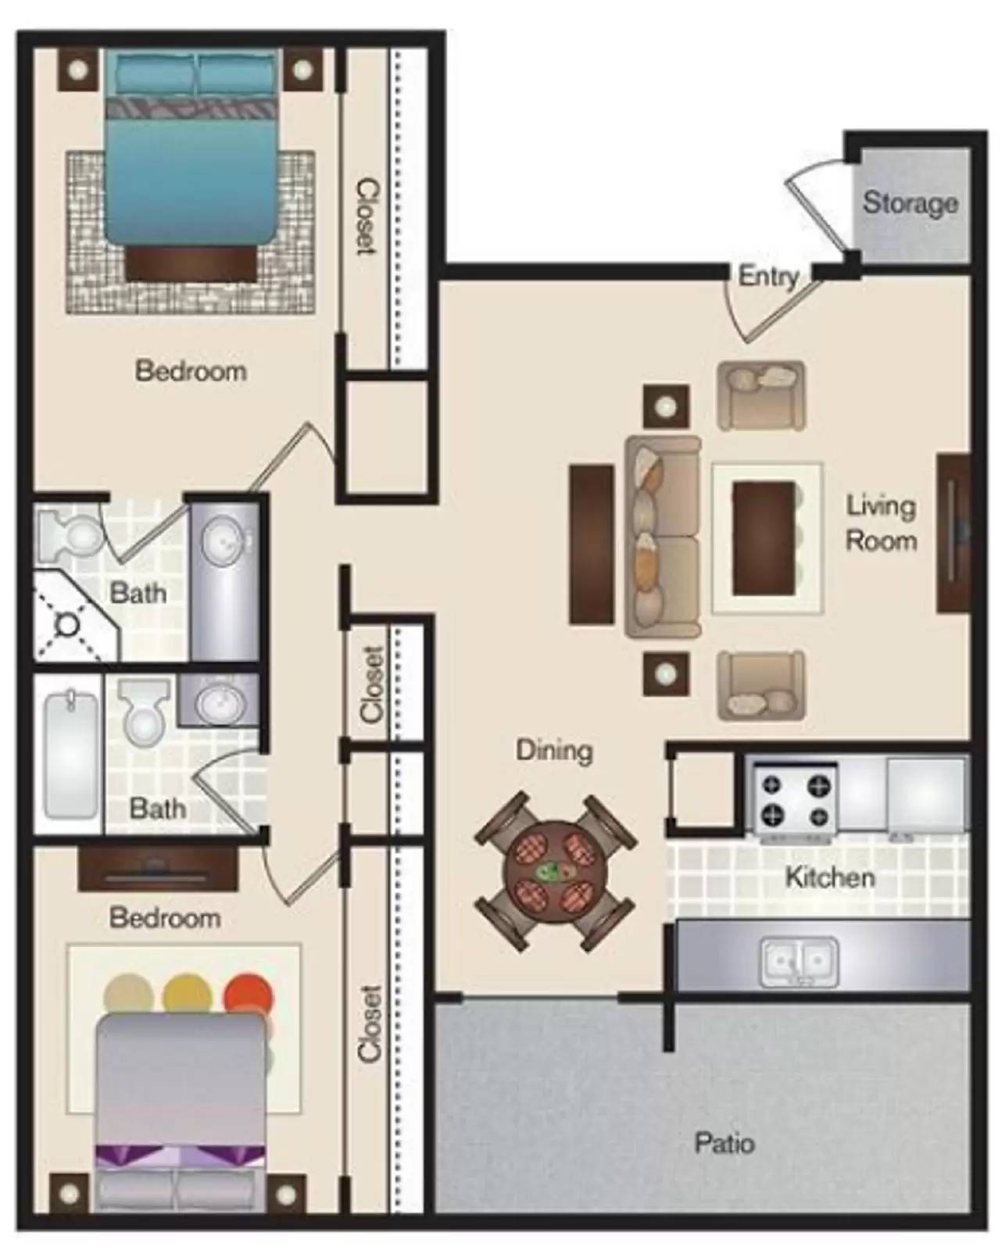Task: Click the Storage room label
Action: point(910,205)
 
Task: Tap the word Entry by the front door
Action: point(768,277)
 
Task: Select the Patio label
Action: point(724,1142)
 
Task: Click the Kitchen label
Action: point(830,877)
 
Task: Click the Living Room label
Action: point(882,523)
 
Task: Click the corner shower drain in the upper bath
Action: point(66,624)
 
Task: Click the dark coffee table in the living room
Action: point(764,538)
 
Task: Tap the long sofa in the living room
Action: point(662,537)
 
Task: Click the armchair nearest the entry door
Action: point(761,395)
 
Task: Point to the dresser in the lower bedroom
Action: point(158,869)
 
